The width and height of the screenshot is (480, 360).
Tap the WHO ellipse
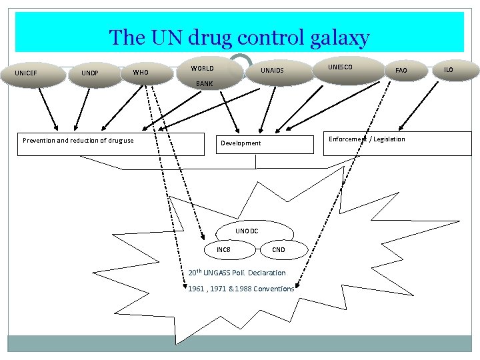(x=141, y=72)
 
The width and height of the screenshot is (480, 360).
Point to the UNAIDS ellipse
(x=272, y=71)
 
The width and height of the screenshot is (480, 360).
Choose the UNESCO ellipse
(x=340, y=67)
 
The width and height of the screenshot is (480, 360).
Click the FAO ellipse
(x=401, y=70)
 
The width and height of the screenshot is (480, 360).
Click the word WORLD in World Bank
(x=202, y=69)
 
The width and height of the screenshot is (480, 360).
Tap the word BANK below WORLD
(x=204, y=85)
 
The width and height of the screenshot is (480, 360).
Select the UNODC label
(x=247, y=231)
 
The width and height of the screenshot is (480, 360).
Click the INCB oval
(x=223, y=249)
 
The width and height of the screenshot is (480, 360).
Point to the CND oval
(x=279, y=250)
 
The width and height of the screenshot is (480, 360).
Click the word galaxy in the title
(x=337, y=37)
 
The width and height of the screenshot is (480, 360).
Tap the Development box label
(x=241, y=143)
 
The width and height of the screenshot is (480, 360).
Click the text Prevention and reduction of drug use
(x=78, y=141)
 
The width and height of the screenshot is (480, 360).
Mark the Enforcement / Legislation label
(x=367, y=139)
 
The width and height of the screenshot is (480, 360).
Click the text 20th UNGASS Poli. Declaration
(x=237, y=273)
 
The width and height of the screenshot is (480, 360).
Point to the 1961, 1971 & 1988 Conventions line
(x=241, y=289)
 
